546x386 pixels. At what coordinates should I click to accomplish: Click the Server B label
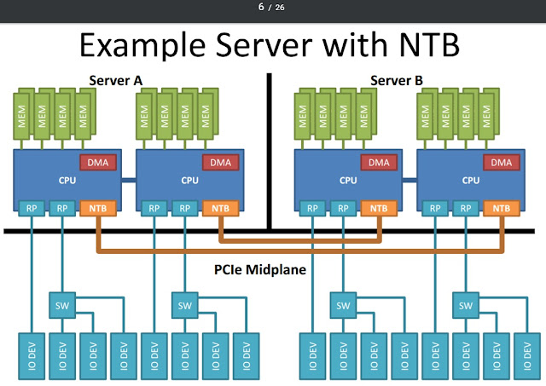coord(396,81)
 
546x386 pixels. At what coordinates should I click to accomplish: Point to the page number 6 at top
coord(262,8)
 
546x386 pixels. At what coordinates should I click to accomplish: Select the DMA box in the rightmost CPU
coord(502,162)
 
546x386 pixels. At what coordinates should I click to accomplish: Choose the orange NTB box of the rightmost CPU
coord(502,207)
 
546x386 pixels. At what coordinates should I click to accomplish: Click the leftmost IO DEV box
coord(31,358)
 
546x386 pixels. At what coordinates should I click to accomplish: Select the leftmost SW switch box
coord(61,304)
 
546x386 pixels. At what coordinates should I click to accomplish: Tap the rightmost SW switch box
coord(467,304)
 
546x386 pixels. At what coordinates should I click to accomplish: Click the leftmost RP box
coord(31,207)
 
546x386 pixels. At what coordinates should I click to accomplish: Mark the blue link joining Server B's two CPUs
coord(409,180)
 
